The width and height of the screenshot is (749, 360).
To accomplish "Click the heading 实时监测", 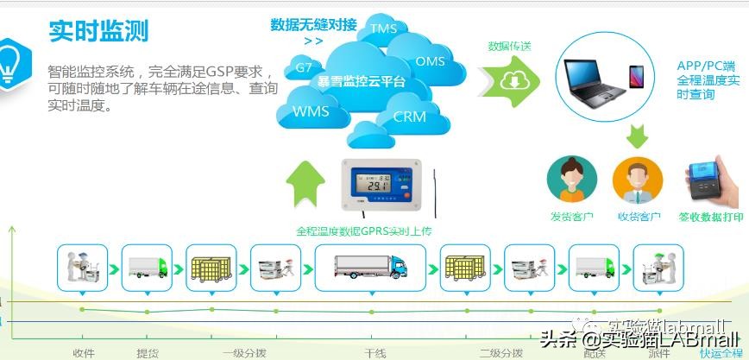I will (98, 30).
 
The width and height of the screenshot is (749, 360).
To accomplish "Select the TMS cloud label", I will (383, 28).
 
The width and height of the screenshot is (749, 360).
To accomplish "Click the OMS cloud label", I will (430, 61).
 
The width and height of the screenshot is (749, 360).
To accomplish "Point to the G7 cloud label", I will (304, 67).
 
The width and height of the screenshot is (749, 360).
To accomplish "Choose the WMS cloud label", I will (311, 111).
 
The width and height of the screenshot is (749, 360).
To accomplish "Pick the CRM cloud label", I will (409, 117).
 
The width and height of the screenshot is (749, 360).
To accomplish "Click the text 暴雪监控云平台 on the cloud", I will (362, 82).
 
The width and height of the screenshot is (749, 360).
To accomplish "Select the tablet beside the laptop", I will (638, 79).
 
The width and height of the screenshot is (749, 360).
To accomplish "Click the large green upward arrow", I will (305, 186).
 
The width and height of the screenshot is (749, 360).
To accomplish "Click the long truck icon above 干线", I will (370, 267).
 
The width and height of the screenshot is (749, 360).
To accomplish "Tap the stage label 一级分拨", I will (244, 353).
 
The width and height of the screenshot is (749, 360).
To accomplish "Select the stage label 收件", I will (84, 353).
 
